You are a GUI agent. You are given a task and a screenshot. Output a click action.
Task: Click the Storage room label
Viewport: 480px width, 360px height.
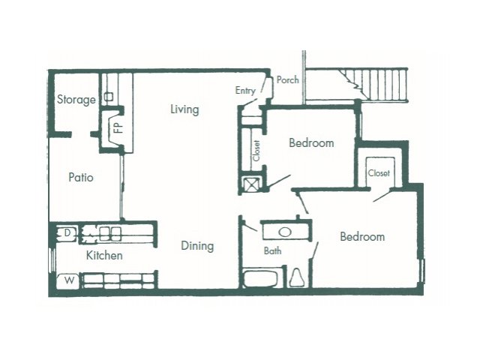coord(76,100)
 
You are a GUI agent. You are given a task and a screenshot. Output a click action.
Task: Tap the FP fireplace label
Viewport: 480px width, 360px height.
coord(118,127)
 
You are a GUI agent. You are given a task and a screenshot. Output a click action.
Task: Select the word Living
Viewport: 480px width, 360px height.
coord(184,109)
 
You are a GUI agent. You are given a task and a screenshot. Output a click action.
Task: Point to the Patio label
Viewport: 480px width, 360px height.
coord(81,178)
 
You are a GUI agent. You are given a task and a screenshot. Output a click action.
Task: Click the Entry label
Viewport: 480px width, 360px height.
coord(245,91)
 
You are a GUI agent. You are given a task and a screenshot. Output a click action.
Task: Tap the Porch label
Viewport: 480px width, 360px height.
coord(287,80)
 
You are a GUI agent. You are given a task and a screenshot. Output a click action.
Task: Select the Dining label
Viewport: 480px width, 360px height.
coord(197,246)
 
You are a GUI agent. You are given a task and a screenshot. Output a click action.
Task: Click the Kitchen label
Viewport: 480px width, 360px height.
coord(104,255)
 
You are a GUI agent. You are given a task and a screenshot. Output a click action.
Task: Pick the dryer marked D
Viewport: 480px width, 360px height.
coord(67,233)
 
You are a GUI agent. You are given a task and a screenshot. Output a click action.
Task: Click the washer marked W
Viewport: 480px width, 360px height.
coord(68,280)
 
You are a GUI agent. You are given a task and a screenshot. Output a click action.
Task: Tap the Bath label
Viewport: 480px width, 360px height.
coord(272,251)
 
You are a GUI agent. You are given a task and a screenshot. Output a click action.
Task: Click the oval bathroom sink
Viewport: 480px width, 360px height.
coord(285,232)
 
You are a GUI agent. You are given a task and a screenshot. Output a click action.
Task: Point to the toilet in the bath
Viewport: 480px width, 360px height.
coord(296,277)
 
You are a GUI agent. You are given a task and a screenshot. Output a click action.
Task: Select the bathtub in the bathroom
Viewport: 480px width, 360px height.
coord(261,278)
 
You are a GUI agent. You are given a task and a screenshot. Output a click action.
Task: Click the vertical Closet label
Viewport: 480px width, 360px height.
coord(256,151)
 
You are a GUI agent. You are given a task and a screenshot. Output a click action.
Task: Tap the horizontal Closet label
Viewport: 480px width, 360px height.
coord(379,173)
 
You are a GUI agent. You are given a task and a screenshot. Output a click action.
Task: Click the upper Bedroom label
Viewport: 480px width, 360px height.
coord(311,143)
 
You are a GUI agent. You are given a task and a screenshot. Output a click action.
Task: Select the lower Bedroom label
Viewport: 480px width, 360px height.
coord(362,237)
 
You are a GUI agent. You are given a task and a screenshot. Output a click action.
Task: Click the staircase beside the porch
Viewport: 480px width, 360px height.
coord(374,84)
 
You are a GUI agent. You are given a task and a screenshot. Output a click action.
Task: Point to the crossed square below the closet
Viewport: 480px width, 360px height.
coord(252,184)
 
